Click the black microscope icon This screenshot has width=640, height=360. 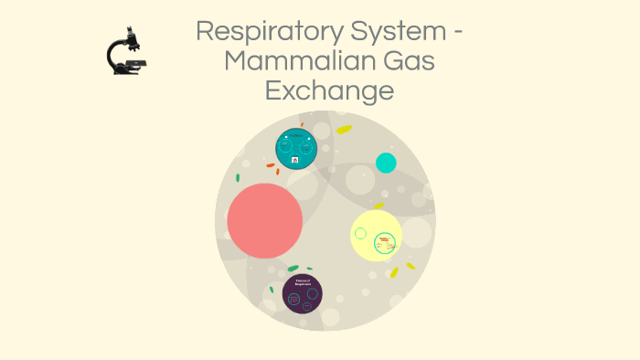click(x=126, y=51)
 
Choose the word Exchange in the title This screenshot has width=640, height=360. click(x=329, y=90)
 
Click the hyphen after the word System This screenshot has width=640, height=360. click(x=456, y=34)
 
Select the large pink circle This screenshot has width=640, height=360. click(x=265, y=220)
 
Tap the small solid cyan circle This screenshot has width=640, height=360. click(x=386, y=163)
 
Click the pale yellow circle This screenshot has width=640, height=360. click(x=376, y=235)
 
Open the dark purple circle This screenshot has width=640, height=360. click(x=303, y=293)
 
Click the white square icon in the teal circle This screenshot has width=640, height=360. click(x=295, y=160)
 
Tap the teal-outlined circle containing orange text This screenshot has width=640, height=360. click(x=385, y=243)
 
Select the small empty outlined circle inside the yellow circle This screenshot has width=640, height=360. click(x=361, y=233)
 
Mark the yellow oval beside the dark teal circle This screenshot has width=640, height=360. click(x=344, y=130)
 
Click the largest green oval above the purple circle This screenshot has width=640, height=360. click(x=293, y=268)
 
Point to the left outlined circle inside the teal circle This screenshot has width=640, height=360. click(x=286, y=146)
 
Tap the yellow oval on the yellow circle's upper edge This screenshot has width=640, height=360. click(x=379, y=206)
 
